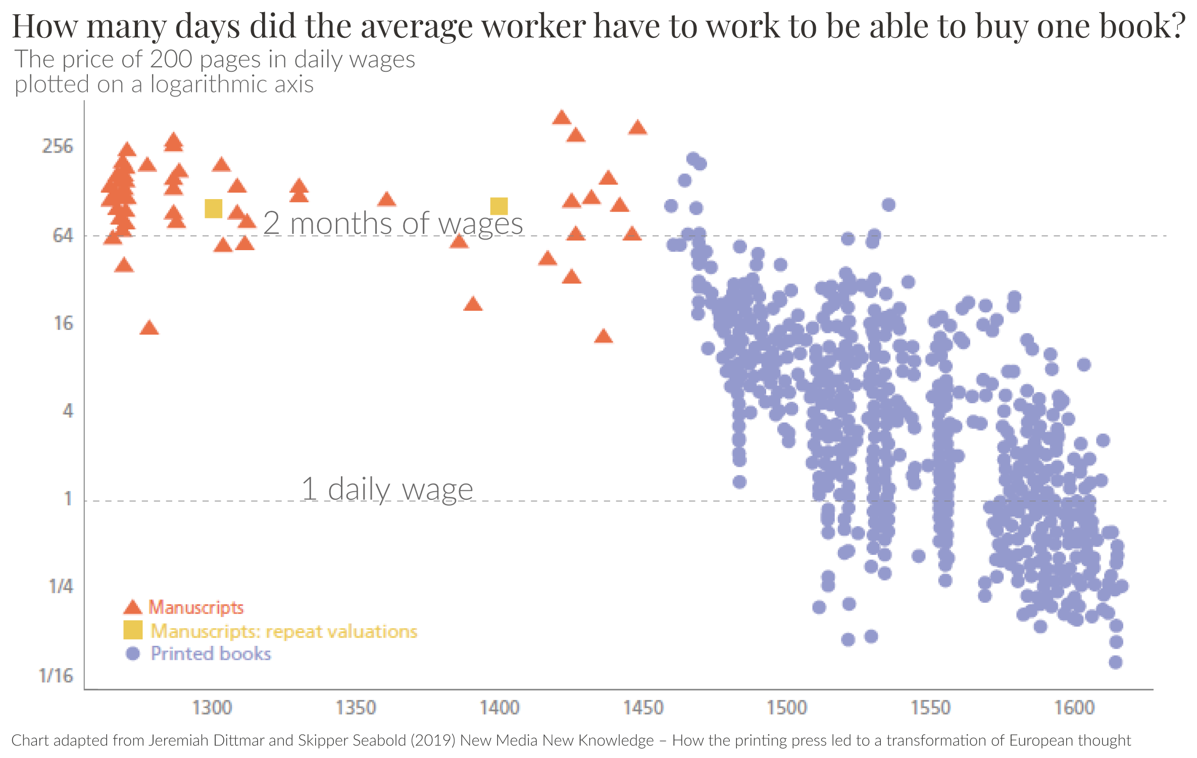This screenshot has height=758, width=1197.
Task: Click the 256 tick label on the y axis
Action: click(x=58, y=147)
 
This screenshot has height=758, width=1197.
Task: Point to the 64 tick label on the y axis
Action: click(x=63, y=235)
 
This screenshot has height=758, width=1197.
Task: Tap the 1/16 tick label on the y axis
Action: click(x=56, y=676)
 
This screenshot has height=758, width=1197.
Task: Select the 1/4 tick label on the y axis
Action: click(x=61, y=587)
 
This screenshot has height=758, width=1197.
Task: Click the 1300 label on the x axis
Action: click(x=212, y=708)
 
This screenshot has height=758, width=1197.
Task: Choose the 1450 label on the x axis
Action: click(x=643, y=708)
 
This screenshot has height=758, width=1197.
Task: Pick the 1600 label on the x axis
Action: click(x=1074, y=708)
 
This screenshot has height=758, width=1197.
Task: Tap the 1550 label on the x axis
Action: click(x=930, y=708)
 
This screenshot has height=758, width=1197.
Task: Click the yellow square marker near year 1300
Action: click(x=214, y=208)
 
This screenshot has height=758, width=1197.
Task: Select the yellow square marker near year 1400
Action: click(x=499, y=206)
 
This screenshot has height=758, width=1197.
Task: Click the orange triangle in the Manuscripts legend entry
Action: click(x=133, y=607)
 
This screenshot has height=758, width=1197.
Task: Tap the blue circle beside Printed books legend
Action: click(x=133, y=654)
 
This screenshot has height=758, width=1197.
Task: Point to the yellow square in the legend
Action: click(x=133, y=630)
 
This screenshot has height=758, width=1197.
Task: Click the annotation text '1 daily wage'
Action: click(x=387, y=489)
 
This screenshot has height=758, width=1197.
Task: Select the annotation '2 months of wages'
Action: click(x=393, y=223)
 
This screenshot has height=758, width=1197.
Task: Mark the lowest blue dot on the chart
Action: click(x=1116, y=662)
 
